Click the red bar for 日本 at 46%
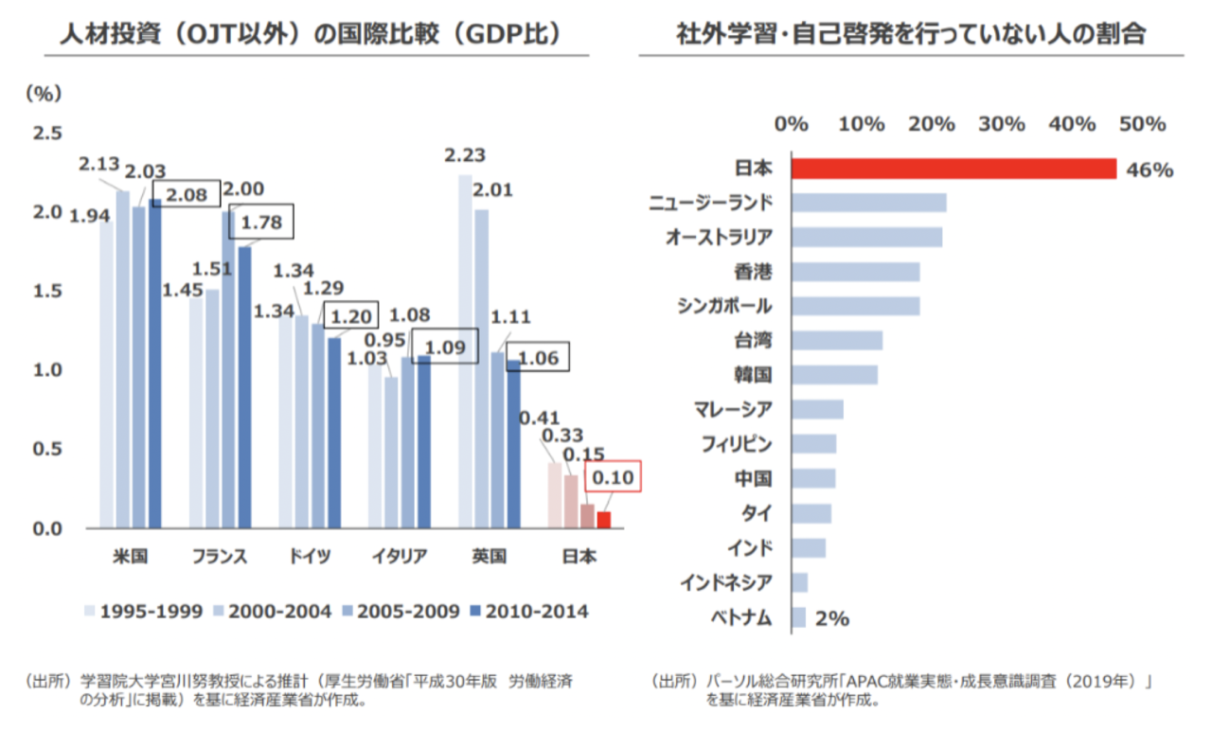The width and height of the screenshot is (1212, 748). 954,169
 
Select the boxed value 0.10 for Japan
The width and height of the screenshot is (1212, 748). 613,478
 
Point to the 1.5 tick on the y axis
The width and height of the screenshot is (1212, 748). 47,291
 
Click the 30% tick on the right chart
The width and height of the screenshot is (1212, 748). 1002,124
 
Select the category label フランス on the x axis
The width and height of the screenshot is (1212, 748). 220,557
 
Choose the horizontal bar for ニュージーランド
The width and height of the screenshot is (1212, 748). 868,203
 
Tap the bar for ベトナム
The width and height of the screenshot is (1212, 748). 798,618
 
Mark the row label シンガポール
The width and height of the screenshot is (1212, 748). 724,306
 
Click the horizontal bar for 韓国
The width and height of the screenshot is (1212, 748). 834,374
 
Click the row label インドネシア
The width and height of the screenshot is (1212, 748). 725,582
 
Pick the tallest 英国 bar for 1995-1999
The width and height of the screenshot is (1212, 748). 465,350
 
